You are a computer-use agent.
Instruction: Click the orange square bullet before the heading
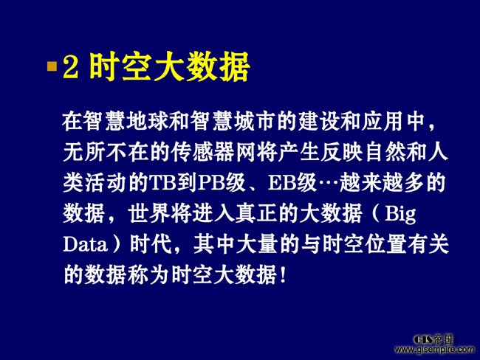click(52, 66)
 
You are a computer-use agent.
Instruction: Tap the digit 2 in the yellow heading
click(70, 66)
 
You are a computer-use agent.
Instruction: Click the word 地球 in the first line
click(137, 122)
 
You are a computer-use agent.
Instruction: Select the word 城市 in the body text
click(244, 122)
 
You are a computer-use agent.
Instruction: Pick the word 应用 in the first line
click(382, 122)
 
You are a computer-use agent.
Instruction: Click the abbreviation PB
click(211, 184)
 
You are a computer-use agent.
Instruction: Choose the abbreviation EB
click(281, 184)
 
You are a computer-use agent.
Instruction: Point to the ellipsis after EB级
click(328, 184)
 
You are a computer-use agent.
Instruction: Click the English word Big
click(400, 215)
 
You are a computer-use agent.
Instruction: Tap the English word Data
click(86, 245)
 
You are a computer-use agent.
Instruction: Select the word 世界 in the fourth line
click(149, 214)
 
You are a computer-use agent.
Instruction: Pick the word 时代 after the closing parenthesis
click(151, 244)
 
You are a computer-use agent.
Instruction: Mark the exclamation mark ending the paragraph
click(283, 274)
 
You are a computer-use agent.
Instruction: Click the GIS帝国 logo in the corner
click(433, 340)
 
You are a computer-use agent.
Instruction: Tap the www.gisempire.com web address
click(434, 349)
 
